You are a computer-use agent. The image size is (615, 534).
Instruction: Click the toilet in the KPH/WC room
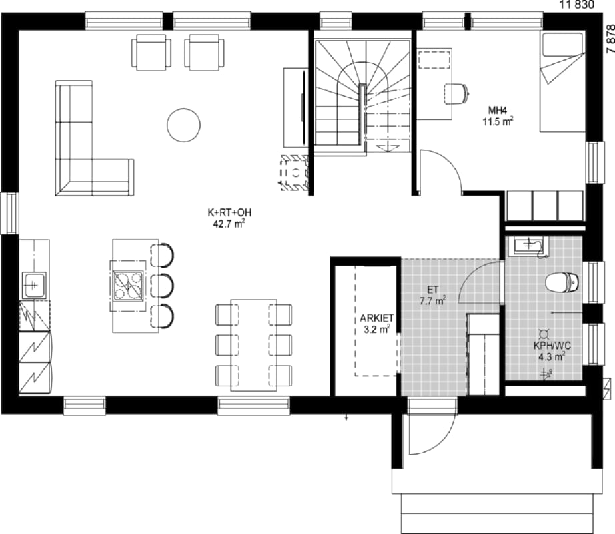coord(562,282)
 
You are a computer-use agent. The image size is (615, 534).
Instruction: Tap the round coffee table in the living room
coord(183,125)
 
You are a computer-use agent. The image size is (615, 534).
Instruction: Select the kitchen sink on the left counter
coord(34,285)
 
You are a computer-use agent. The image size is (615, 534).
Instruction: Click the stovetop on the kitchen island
coord(128,285)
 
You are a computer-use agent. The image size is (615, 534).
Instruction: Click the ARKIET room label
coord(376,318)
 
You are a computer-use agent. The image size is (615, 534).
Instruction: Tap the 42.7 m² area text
coord(229,224)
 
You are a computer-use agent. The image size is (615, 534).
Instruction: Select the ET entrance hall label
coord(433,290)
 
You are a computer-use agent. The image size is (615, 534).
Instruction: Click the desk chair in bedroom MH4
coord(456,93)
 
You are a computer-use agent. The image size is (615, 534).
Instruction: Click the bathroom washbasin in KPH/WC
coord(529,246)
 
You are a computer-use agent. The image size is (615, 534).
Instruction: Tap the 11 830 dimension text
coord(577,5)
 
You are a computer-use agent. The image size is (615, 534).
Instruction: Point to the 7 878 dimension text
coord(610,39)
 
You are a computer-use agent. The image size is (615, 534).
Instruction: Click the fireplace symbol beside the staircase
coord(295,172)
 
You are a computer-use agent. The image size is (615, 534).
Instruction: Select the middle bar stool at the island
coord(162,285)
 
